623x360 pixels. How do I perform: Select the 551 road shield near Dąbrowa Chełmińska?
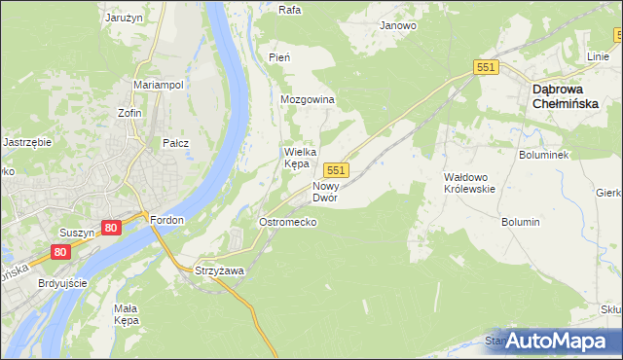pyautogui.click(x=487, y=67)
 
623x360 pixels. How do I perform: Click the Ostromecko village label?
pyautogui.click(x=287, y=222)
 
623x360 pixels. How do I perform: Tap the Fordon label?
pyautogui.click(x=167, y=220)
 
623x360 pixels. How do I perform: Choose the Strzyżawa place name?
pyautogui.click(x=219, y=270)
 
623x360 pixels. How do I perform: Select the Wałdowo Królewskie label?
pyautogui.click(x=470, y=183)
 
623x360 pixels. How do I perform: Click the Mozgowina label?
pyautogui.click(x=308, y=100)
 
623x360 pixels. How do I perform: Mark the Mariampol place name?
pyautogui.click(x=159, y=85)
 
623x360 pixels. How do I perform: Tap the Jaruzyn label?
pyautogui.click(x=125, y=18)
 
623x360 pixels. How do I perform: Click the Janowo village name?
pyautogui.click(x=398, y=25)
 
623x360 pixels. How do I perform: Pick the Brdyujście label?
pyautogui.click(x=61, y=283)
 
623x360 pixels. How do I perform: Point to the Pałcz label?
pyautogui.click(x=175, y=143)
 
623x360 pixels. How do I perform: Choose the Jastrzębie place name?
pyautogui.click(x=27, y=141)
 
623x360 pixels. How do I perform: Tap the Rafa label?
pyautogui.click(x=289, y=10)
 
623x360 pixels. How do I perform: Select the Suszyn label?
pyautogui.click(x=76, y=234)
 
